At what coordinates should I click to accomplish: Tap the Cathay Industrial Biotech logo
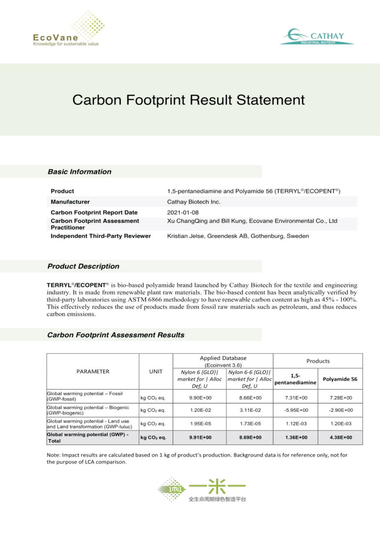(317, 36)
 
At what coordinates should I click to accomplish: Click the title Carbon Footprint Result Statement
(188, 100)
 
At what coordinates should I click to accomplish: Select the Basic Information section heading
(79, 172)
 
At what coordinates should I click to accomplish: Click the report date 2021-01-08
(183, 212)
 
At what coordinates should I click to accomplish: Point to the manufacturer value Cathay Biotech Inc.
(193, 202)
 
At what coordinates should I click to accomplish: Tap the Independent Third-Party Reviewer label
(101, 236)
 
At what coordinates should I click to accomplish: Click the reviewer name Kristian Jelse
(185, 236)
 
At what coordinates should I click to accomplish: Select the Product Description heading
(83, 266)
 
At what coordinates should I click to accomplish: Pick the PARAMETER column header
(93, 371)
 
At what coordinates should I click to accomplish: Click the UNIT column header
(156, 371)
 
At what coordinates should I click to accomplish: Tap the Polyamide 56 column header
(340, 379)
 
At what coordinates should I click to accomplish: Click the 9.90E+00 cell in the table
(200, 398)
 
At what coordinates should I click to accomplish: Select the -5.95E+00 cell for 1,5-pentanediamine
(296, 410)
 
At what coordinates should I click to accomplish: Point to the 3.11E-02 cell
(250, 410)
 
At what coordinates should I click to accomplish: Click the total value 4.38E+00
(341, 437)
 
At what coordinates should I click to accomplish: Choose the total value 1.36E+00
(296, 437)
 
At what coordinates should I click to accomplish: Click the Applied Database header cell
(223, 361)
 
